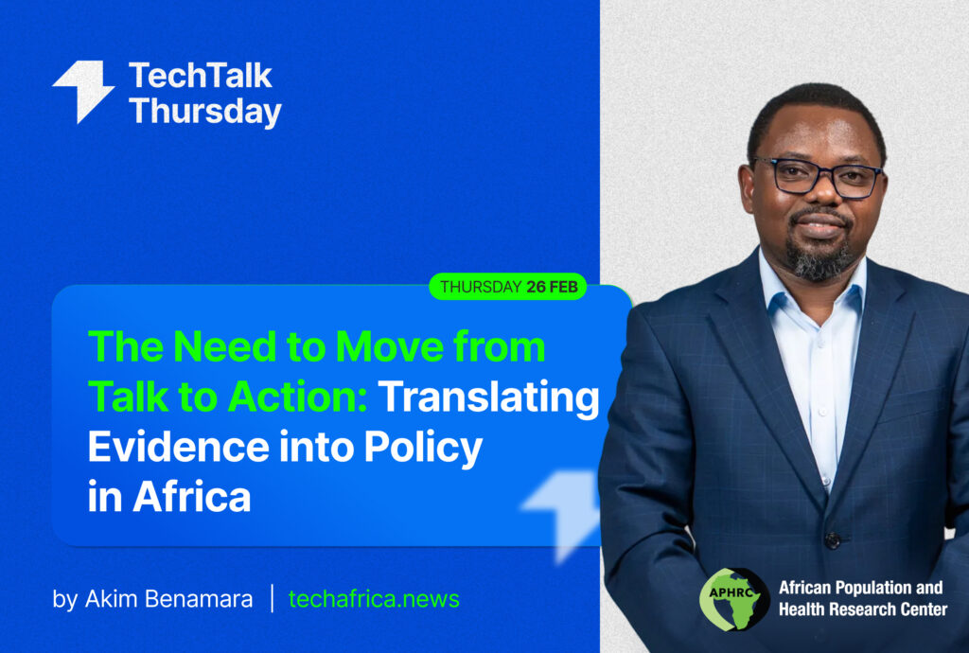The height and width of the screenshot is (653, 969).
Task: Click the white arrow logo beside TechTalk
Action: [x=83, y=90]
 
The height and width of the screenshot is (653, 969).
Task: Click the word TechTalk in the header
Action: [x=201, y=76]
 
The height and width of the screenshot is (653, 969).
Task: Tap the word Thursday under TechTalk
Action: [x=205, y=112]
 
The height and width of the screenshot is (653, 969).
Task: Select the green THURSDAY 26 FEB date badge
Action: [x=508, y=287]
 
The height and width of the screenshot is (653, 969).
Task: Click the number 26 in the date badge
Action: [x=537, y=287]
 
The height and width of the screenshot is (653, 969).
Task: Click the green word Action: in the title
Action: [x=297, y=397]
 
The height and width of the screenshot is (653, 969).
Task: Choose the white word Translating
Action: [x=489, y=398]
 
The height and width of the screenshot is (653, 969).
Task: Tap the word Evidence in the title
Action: [x=179, y=447]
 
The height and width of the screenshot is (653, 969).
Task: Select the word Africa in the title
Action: [x=191, y=497]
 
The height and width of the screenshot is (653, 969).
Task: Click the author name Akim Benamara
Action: [x=168, y=599]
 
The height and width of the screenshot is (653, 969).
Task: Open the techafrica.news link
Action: [x=374, y=599]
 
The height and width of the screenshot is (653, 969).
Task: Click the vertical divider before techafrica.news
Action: [x=272, y=598]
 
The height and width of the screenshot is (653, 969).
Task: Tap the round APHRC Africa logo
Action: [x=734, y=599]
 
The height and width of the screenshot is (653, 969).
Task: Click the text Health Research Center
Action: [x=863, y=609]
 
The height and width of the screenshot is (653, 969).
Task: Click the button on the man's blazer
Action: [x=833, y=540]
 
